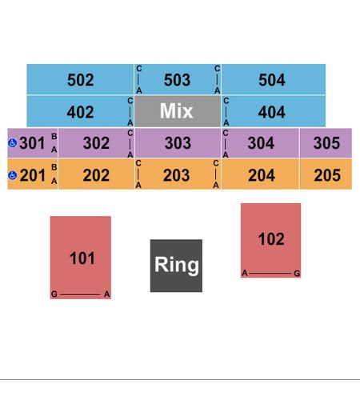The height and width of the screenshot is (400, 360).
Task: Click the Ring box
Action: (176, 266)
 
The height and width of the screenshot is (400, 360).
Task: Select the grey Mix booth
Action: (178, 111)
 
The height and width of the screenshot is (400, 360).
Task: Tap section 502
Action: (80, 79)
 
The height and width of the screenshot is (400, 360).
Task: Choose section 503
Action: (178, 79)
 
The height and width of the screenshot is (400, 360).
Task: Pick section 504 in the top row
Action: (274, 79)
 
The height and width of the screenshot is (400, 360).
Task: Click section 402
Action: (80, 111)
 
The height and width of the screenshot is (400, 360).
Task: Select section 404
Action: (274, 111)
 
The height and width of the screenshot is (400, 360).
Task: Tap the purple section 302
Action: (96, 143)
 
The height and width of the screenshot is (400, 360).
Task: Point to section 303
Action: (178, 143)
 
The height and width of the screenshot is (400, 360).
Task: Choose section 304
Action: (260, 143)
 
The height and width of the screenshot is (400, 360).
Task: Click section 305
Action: (326, 143)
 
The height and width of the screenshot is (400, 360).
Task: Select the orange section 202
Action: (96, 174)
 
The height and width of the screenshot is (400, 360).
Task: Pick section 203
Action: (178, 174)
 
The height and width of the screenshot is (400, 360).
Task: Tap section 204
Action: (260, 174)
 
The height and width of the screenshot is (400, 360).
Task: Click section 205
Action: (326, 174)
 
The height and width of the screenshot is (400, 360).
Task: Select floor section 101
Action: (81, 258)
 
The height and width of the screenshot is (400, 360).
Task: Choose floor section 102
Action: (270, 240)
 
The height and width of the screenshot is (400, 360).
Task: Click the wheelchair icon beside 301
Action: (13, 143)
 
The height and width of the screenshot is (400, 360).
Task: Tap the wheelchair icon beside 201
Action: (13, 175)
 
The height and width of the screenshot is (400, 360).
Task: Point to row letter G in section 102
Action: (297, 274)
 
